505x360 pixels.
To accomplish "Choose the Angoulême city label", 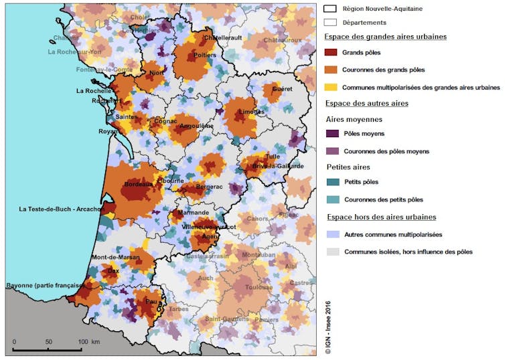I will (x=196, y=125).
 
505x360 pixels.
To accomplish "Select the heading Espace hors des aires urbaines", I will (x=380, y=217).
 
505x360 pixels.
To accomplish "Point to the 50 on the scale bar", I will (x=48, y=342).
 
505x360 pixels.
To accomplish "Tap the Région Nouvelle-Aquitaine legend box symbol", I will (x=330, y=9).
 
